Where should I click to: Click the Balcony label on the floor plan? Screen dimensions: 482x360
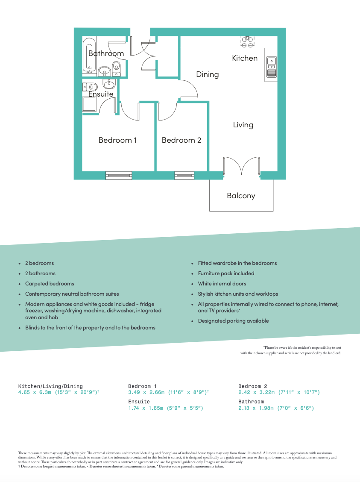(241, 196)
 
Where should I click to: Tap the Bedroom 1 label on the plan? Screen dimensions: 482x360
(117, 140)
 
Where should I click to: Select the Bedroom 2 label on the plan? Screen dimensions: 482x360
(181, 140)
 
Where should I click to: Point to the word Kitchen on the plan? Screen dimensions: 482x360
(245, 58)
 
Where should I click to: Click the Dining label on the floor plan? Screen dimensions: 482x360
(207, 74)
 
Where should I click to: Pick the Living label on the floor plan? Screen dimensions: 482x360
(243, 125)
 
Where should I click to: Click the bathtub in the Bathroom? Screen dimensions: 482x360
(89, 54)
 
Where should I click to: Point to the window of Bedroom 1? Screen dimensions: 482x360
(119, 175)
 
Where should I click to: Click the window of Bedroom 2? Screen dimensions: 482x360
(184, 175)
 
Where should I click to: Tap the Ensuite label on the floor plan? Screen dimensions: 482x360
(101, 94)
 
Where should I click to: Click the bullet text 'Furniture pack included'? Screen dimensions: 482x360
(226, 273)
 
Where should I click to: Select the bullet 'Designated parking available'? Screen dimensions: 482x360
(233, 321)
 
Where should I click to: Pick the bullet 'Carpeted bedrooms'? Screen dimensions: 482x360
(50, 284)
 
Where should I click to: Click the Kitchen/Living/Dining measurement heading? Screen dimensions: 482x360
(50, 386)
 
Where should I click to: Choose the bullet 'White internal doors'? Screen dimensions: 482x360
(222, 284)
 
